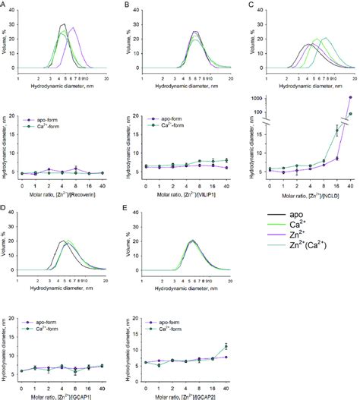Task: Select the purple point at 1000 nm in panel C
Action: click(x=350, y=98)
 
